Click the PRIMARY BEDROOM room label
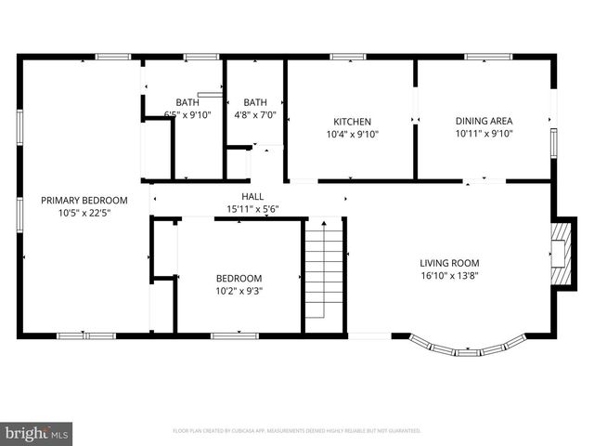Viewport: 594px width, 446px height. (x=84, y=200)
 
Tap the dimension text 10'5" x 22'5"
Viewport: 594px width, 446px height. (x=84, y=213)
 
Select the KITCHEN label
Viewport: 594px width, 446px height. (x=353, y=122)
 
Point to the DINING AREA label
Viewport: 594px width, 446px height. (x=484, y=121)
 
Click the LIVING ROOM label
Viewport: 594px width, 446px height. (x=449, y=262)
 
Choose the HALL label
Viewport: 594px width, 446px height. (x=252, y=196)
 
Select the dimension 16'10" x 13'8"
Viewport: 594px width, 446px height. (x=449, y=275)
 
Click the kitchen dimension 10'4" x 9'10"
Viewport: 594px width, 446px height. (x=353, y=134)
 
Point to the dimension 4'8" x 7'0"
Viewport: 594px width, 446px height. (x=255, y=115)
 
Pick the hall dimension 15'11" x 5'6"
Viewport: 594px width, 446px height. (x=252, y=209)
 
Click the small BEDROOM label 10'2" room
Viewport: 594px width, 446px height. (x=239, y=278)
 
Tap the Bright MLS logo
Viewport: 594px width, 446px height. (x=37, y=433)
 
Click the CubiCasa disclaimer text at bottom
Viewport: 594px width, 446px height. (x=297, y=431)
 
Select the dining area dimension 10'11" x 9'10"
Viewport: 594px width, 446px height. (x=484, y=134)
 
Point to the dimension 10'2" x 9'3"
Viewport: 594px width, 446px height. (x=239, y=291)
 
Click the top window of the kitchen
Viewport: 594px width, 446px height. (x=348, y=58)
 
